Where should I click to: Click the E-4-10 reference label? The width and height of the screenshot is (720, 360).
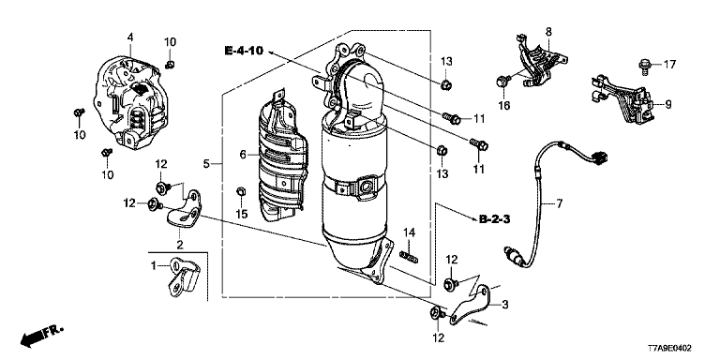point(244,51)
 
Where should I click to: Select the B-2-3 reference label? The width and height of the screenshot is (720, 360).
point(495,220)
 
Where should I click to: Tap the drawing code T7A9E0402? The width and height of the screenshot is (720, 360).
point(669,349)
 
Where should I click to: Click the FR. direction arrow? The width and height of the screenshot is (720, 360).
point(41,337)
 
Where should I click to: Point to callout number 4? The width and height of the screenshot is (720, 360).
point(130,37)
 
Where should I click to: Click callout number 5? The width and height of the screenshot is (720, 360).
point(206,163)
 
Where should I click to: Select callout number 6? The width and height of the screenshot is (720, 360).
point(243,155)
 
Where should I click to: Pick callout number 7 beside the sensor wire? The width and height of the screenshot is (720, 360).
point(559,203)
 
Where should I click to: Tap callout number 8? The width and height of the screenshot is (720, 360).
point(548,32)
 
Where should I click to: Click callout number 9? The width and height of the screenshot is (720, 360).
point(668,105)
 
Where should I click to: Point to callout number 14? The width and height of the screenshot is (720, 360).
point(409,233)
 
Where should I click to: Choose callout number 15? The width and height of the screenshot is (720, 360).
point(242,214)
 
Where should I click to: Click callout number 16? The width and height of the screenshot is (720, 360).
point(503,106)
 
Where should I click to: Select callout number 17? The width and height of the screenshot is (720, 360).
point(670,65)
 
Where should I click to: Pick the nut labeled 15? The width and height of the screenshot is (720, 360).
point(240,191)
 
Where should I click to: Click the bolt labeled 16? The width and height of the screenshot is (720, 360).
point(502,82)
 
